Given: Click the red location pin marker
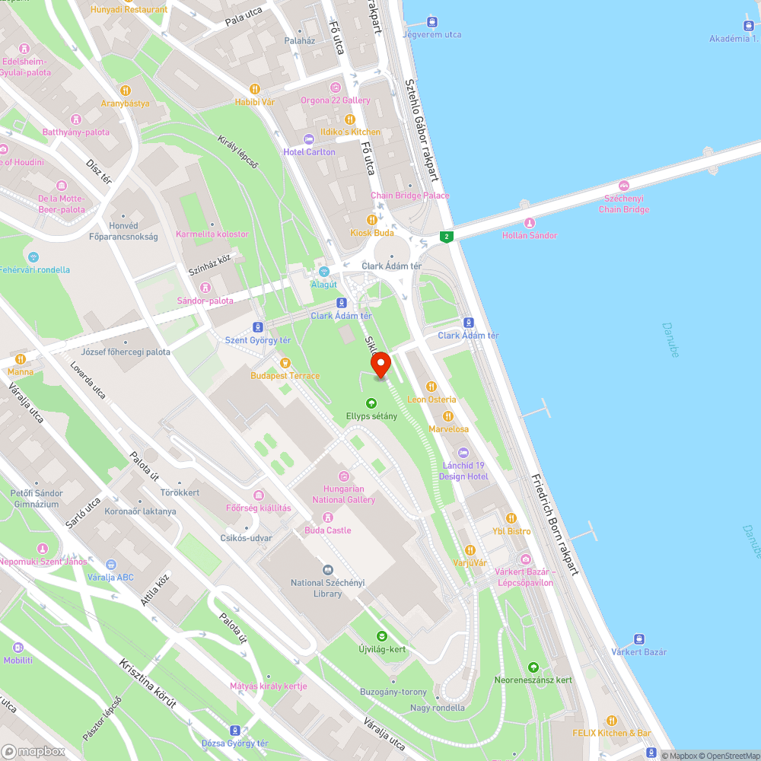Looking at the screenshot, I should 380,366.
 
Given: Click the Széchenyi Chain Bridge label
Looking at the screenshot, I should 624,205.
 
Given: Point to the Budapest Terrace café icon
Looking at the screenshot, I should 285,362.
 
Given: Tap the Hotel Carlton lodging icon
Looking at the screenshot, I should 308,139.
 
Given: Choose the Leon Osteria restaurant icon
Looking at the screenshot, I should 431,386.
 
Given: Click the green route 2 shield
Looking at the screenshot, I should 447,237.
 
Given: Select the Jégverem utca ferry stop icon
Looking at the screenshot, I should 432,21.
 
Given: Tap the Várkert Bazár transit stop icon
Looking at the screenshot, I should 639,639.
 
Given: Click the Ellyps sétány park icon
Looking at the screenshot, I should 371,403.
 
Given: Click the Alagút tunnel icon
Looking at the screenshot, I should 323,271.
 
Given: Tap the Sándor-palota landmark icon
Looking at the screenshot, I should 205,287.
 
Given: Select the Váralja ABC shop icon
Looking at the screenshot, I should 111,564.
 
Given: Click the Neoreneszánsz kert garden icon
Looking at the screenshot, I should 533,667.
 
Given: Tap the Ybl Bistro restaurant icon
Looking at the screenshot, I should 511,518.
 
